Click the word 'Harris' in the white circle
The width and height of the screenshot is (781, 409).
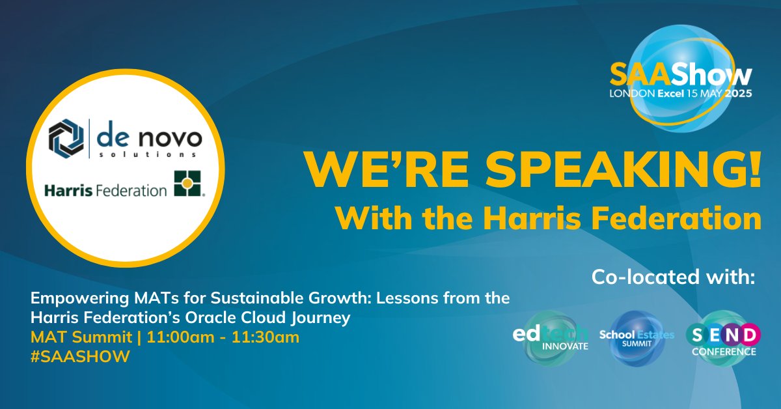click(66, 191)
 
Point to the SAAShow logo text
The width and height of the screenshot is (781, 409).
click(681, 76)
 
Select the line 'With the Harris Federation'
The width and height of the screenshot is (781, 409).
click(548, 219)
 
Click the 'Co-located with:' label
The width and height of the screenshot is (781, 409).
click(674, 277)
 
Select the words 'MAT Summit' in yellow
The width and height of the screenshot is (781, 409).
click(68, 338)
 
